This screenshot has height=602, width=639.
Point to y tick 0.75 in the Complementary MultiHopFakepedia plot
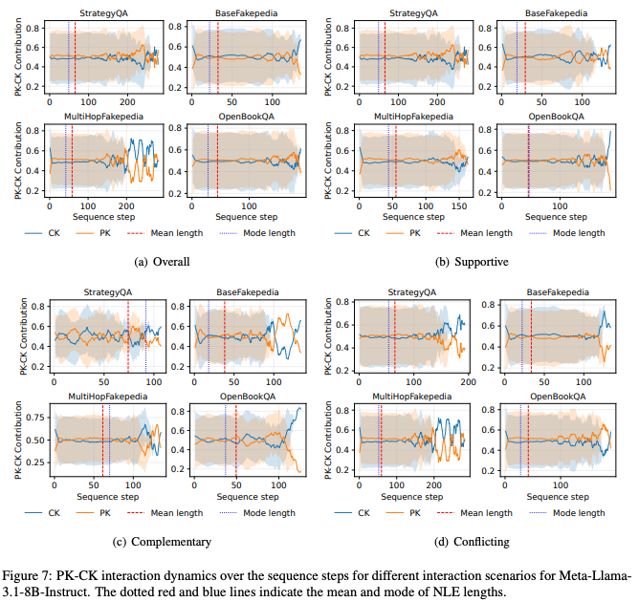[34, 418]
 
